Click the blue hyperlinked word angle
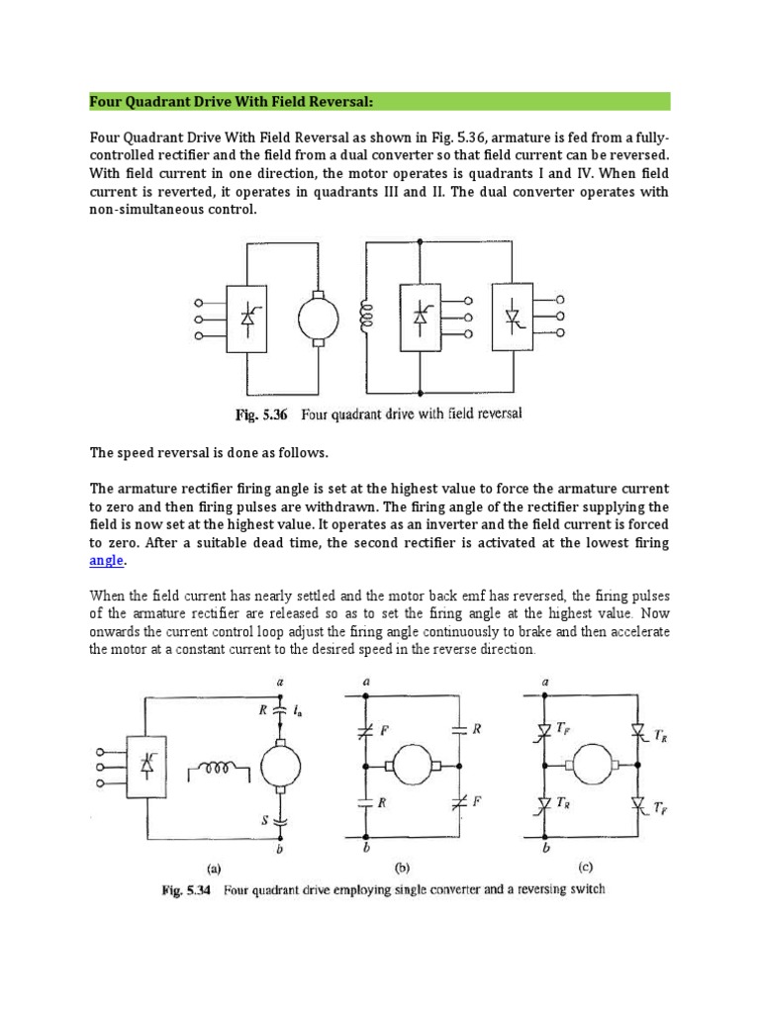click(x=107, y=560)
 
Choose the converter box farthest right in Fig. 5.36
click(x=515, y=317)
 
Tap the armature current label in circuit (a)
click(x=296, y=708)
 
